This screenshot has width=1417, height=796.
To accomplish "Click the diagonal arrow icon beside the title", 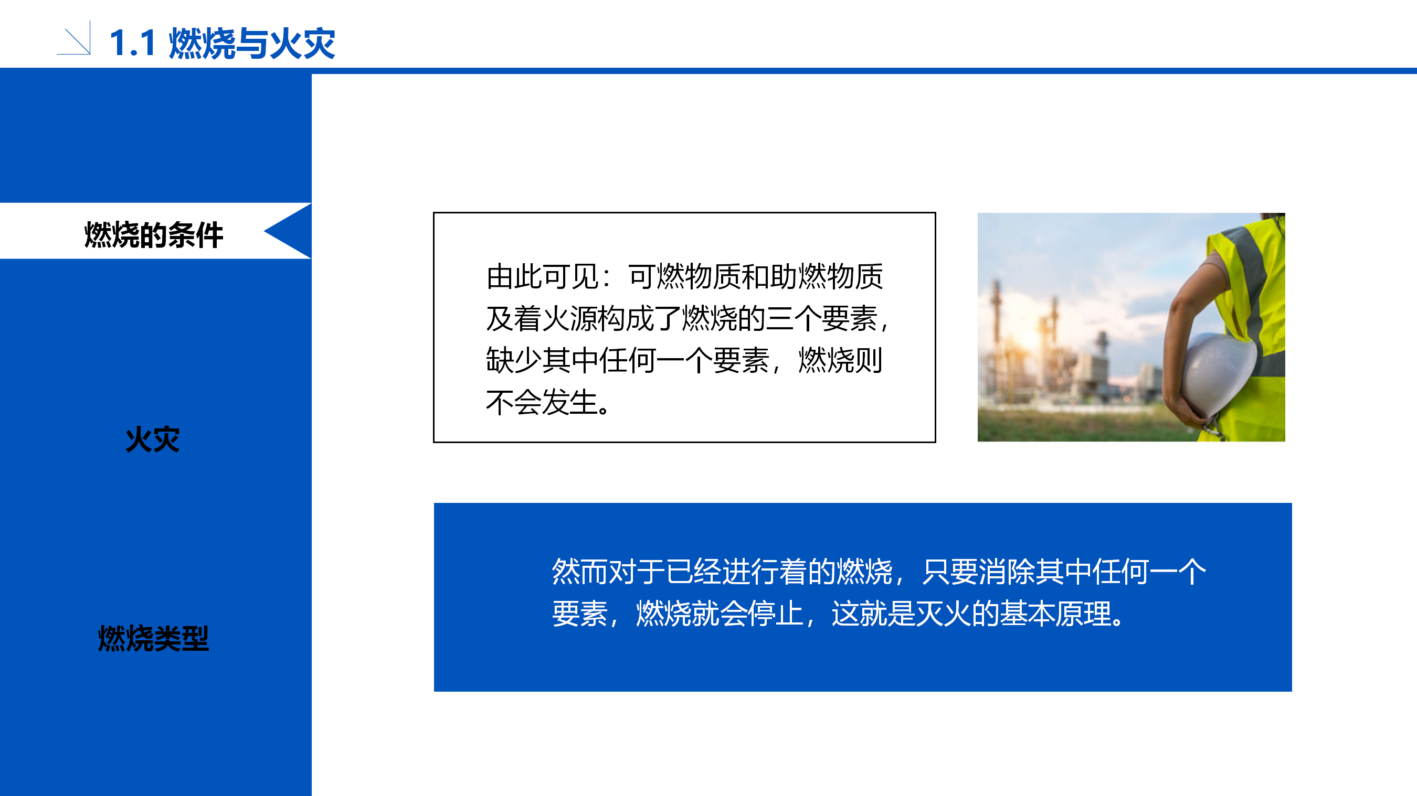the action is (x=73, y=38).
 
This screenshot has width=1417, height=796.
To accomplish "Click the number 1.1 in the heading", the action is (x=133, y=44).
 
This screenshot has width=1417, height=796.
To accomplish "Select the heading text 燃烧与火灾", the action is (x=252, y=44).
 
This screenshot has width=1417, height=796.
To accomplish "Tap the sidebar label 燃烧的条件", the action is (x=153, y=235).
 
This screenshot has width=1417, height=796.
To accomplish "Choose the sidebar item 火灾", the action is (x=152, y=440).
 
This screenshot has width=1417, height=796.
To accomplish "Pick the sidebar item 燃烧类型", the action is (x=153, y=639).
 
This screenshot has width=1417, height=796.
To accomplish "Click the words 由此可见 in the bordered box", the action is (x=542, y=276).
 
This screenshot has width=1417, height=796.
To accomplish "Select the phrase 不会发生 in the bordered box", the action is (x=542, y=402).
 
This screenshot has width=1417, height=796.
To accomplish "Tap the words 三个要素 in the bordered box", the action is (x=821, y=318).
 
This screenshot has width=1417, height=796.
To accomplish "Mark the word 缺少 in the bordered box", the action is (x=514, y=360).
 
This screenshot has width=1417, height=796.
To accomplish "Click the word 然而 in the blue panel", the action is (x=580, y=572).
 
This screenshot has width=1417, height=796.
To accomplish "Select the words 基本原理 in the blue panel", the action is (x=1055, y=614).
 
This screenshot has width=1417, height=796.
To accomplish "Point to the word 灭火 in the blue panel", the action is (x=944, y=614).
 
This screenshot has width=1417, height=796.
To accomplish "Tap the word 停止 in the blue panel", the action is (x=776, y=614).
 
